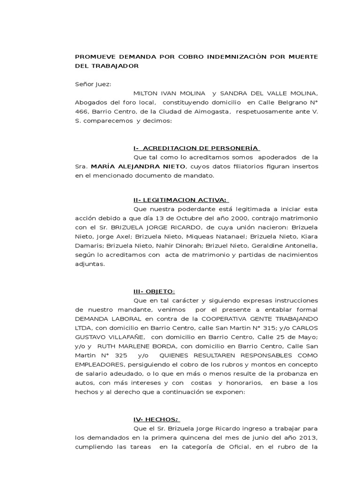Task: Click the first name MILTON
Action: tap(146, 93)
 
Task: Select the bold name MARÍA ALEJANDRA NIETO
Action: tap(138, 166)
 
